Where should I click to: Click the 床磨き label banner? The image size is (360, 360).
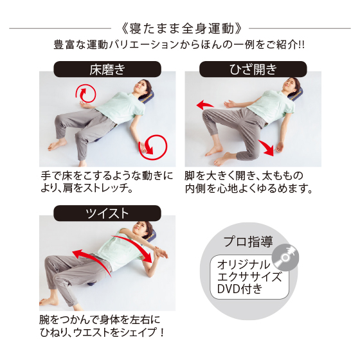click(x=107, y=69)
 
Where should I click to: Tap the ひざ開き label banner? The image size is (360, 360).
click(x=253, y=69)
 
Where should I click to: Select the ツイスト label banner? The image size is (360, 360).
click(x=107, y=213)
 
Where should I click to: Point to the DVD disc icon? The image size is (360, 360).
click(x=285, y=257)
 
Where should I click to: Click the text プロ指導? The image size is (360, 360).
click(x=248, y=241)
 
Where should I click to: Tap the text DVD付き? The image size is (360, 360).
click(x=239, y=289)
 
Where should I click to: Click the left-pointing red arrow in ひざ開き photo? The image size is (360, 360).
click(x=204, y=105)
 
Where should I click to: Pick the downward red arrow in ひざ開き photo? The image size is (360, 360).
click(x=266, y=148)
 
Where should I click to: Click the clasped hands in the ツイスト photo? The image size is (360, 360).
click(x=160, y=253)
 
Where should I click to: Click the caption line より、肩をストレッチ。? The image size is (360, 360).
click(x=87, y=188)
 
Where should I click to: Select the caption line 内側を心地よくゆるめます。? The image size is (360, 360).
click(x=249, y=188)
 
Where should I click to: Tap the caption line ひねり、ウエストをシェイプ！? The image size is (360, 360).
click(x=102, y=332)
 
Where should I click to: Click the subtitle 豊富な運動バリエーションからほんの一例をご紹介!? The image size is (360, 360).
click(x=179, y=44)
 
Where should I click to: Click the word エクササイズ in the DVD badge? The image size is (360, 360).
click(x=249, y=276)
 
